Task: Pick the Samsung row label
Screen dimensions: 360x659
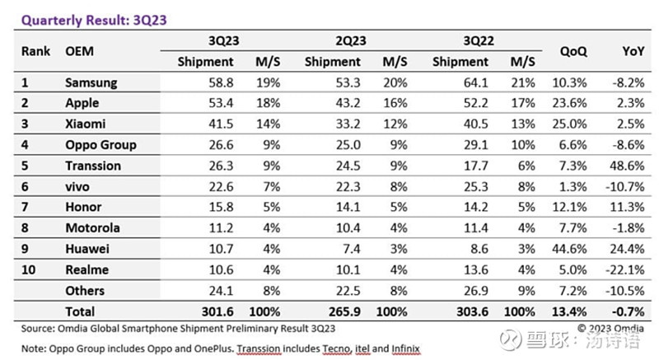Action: (x=91, y=82)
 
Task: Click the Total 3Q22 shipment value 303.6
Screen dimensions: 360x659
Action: (x=471, y=311)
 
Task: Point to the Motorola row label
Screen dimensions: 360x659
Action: (x=92, y=228)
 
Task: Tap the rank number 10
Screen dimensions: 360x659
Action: (x=28, y=270)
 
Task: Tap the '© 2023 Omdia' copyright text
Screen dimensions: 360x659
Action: (x=608, y=328)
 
